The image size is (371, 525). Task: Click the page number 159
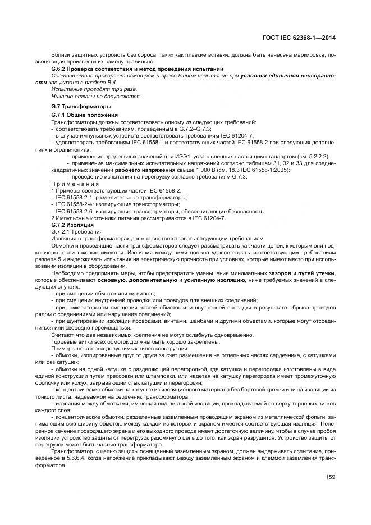pyautogui.click(x=330, y=477)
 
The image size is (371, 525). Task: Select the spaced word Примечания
pyautogui.click(x=75, y=184)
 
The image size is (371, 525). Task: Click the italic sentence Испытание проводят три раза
pyautogui.click(x=94, y=89)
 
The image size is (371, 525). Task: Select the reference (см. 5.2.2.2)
pyautogui.click(x=308, y=156)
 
